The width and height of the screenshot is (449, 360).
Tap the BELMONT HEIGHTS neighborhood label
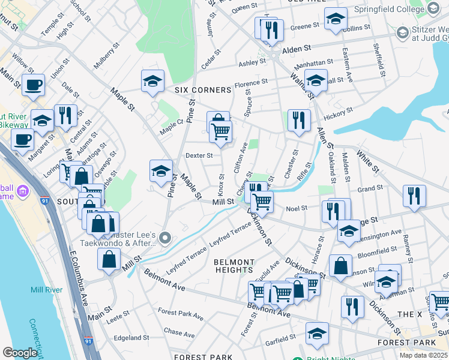(235, 266)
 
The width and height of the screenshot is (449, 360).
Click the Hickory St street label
(338, 112)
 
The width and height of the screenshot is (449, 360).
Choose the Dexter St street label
(199, 155)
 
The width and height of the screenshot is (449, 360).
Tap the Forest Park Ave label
(181, 313)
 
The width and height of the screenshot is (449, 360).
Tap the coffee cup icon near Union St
(33, 85)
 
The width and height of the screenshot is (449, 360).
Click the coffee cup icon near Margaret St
(23, 140)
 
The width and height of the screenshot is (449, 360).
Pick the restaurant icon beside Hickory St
(298, 119)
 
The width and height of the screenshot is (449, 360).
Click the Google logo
(20, 353)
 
